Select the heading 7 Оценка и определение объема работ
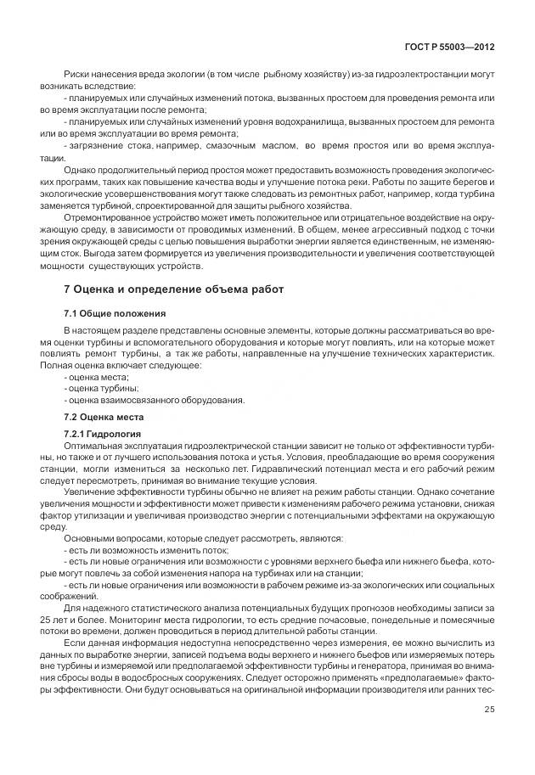[174, 290]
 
